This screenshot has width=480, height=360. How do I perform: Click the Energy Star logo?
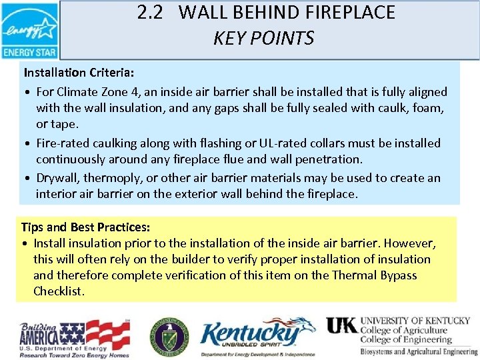[x=30, y=31]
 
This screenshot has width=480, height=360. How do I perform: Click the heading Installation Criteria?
[x=74, y=71]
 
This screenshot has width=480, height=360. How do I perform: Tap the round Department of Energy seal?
[x=169, y=335]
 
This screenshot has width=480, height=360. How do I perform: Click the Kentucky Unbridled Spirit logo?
[x=256, y=336]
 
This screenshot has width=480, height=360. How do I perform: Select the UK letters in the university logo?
[x=341, y=325]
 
